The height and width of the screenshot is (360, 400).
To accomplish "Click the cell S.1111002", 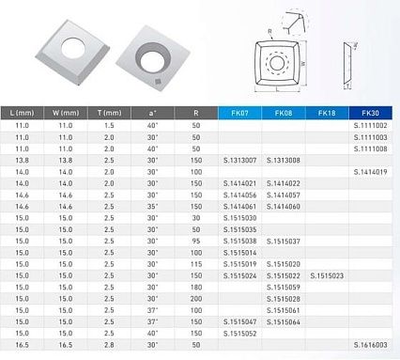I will (x=370, y=125).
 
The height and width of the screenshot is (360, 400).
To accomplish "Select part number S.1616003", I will (x=370, y=345).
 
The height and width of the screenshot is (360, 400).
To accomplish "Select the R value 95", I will (x=196, y=241).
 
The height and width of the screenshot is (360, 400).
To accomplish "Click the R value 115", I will (x=196, y=264).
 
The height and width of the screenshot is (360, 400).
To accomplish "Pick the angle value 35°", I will (x=153, y=206).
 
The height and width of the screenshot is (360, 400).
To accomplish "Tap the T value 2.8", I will (x=110, y=345).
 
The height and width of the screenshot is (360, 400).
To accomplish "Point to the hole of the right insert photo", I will (x=147, y=55).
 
